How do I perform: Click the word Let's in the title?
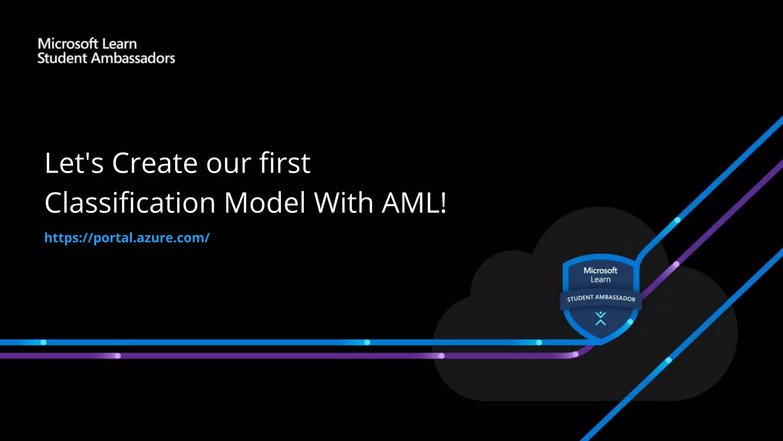[74, 163]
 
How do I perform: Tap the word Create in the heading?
[155, 163]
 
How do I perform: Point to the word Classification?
[130, 203]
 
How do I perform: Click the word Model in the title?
[265, 203]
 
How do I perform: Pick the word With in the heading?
[343, 203]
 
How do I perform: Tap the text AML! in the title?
[414, 203]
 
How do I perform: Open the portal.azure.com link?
[127, 238]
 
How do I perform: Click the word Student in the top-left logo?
[62, 58]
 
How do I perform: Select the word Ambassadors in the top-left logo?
[133, 58]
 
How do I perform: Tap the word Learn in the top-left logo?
[119, 44]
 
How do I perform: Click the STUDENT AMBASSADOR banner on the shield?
[601, 298]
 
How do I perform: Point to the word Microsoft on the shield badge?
[600, 270]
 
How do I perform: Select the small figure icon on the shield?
[601, 318]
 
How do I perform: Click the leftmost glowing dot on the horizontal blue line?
[44, 342]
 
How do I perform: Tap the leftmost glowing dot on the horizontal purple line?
[118, 356]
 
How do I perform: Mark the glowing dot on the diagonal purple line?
[676, 264]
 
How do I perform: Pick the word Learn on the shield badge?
[600, 279]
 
